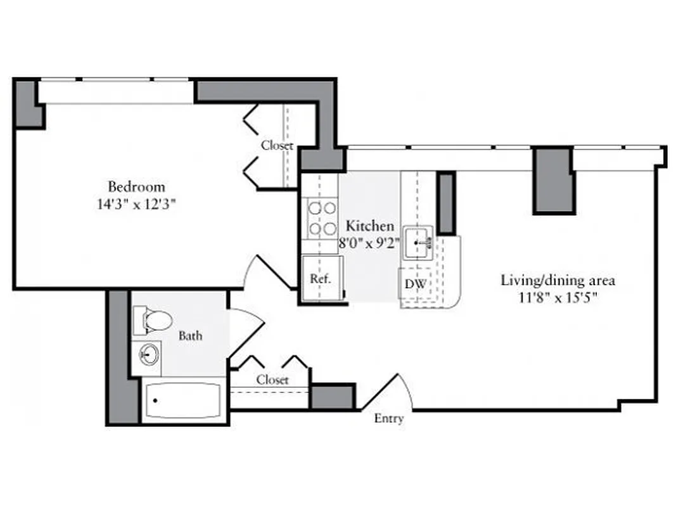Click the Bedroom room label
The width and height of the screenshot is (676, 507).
(x=136, y=187)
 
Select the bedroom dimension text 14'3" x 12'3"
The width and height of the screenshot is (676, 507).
(x=136, y=205)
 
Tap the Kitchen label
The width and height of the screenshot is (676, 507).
(x=369, y=226)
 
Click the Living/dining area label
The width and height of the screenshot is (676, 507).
(x=558, y=280)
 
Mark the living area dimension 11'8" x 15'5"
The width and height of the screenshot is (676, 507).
(x=558, y=297)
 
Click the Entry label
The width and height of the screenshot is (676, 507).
(x=388, y=419)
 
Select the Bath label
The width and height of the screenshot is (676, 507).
(x=190, y=336)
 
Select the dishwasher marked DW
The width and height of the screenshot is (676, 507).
(x=415, y=285)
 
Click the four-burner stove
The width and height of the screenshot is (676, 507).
(x=321, y=218)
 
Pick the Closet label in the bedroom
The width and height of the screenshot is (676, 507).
(x=277, y=145)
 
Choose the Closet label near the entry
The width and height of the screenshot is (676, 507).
(x=272, y=380)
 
